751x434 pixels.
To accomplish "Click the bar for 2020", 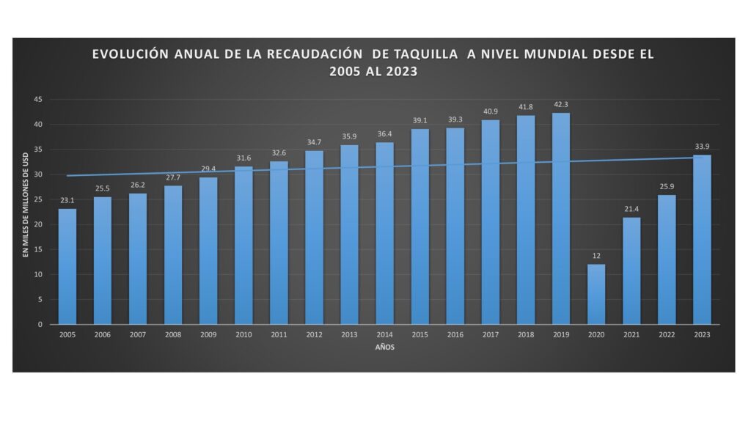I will [x=596, y=294].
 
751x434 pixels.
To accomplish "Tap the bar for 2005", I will [x=67, y=266].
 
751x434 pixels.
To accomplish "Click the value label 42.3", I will [x=561, y=105].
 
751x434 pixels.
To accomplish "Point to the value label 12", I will [x=596, y=256].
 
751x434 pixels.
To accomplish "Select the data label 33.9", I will [x=702, y=146].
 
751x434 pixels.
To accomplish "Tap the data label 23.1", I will [x=67, y=200].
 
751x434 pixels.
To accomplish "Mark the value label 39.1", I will [x=420, y=120].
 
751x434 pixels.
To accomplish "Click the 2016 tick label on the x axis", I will [x=455, y=334].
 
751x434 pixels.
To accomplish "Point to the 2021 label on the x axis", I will [x=631, y=334].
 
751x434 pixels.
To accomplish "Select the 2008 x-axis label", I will [x=173, y=334].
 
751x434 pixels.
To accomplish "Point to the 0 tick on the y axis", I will [x=41, y=324].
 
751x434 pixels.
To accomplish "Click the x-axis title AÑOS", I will [x=384, y=347].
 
